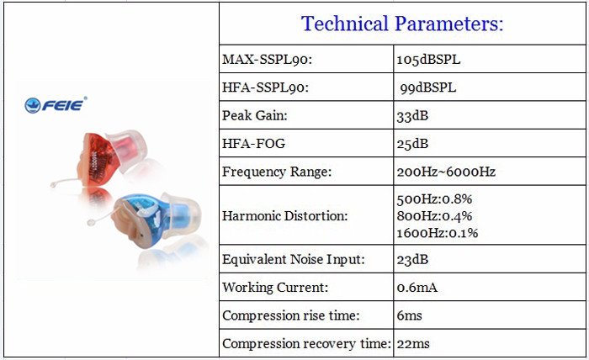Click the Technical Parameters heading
pos(402,24)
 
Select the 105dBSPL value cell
pos(428,60)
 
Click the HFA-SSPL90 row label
pos(265,87)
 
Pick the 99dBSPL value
pos(427,87)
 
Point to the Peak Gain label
pos(255,115)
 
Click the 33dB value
pos(412,115)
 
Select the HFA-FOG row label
pos(253,143)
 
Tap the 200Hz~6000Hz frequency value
pos(446,172)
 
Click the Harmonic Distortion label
pos(284,216)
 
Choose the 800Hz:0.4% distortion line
pos(434,216)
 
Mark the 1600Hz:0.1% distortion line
pos(438,233)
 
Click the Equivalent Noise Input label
pos(294,259)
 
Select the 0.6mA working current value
pos(417,288)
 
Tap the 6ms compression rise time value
pos(409,315)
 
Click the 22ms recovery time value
pos(413,343)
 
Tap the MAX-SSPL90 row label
pos(267,60)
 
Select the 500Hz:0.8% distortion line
pos(434,199)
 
